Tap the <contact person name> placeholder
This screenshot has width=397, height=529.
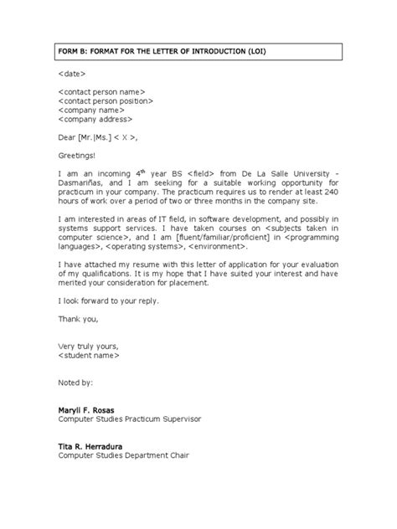pos(101,91)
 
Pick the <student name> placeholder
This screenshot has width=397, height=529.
pos(90,356)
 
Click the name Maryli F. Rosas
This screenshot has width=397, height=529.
pos(92,410)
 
